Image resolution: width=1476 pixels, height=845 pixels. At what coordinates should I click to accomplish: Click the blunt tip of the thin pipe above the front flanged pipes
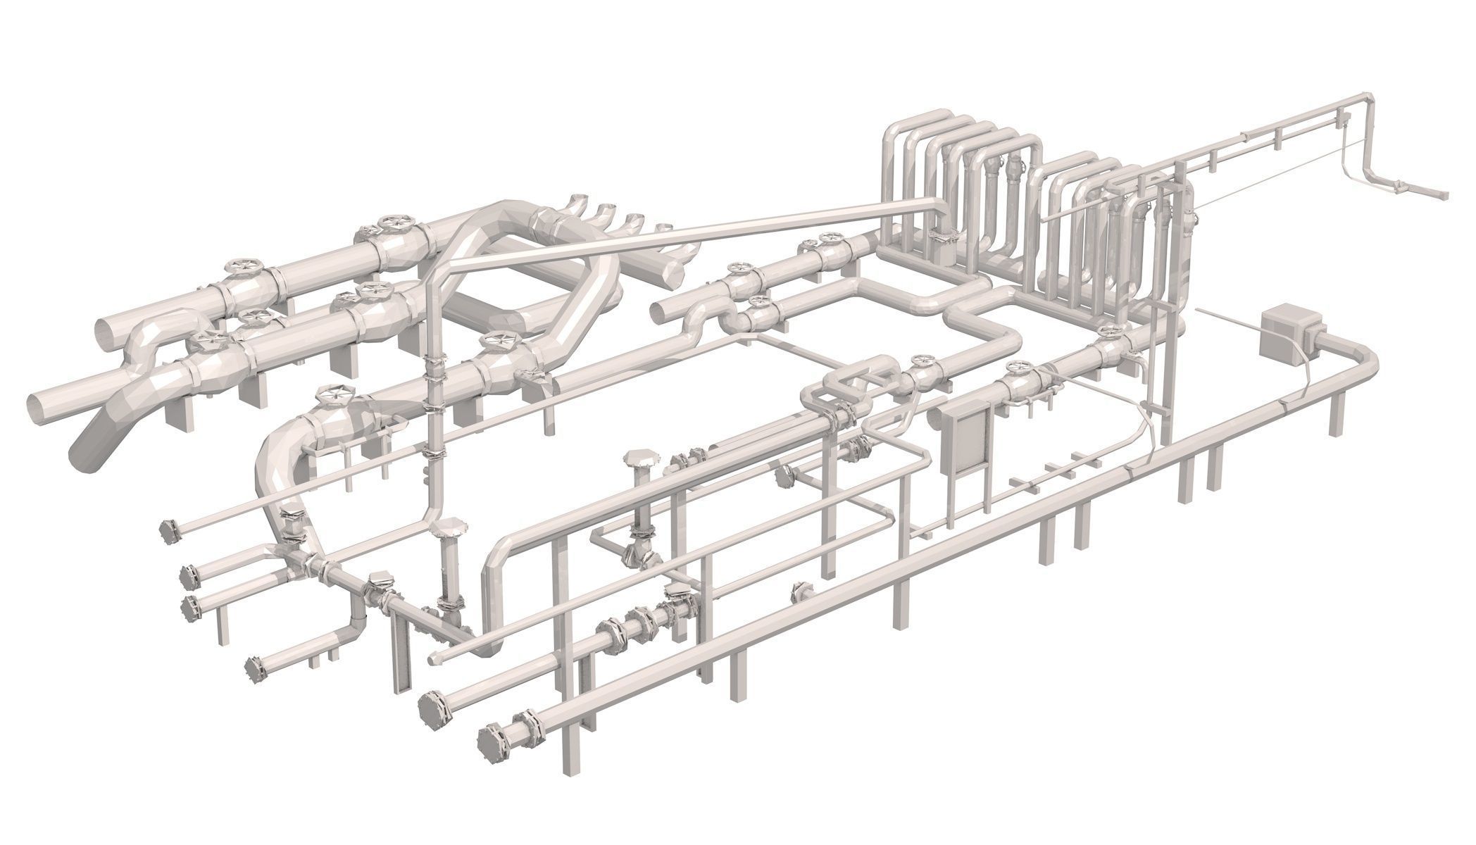(434, 658)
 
